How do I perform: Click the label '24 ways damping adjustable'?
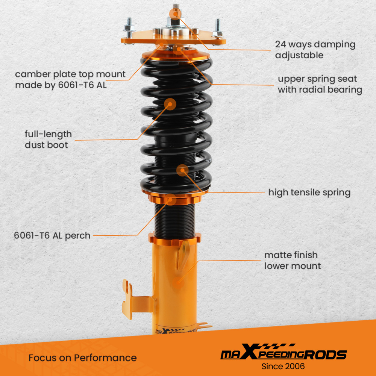pos(315,50)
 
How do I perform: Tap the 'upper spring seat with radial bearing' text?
pos(320,85)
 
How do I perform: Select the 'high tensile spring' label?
pos(309,193)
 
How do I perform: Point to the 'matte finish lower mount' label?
pos(293,260)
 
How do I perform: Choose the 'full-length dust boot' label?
pos(48,139)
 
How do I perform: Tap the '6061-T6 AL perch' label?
pos(52,236)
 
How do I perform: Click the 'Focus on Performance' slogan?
pos(82,358)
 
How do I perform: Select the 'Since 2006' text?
pos(283,366)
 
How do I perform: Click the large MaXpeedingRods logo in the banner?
pos(283,354)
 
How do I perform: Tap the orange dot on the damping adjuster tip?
pos(174,14)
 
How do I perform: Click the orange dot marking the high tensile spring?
pos(182,170)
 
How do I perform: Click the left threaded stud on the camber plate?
pos(129,26)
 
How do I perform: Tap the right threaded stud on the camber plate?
pos(217,27)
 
